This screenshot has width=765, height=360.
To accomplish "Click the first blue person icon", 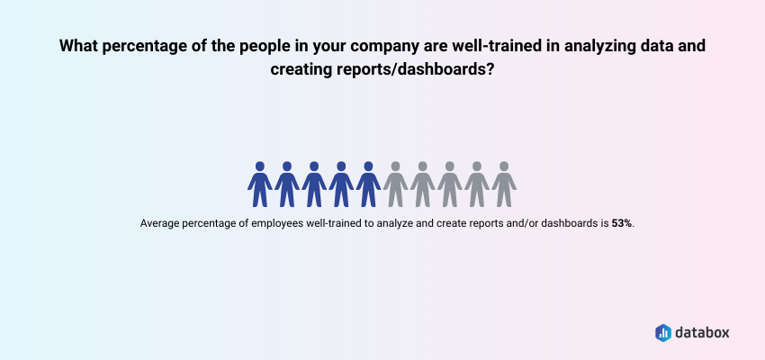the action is [260, 184].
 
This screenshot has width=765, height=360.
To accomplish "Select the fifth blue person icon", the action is [368, 184].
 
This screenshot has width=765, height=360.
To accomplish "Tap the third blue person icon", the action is [314, 184].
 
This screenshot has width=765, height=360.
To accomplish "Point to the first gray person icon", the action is [395, 184].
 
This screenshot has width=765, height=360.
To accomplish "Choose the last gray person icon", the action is [504, 184].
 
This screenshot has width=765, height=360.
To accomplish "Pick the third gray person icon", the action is [450, 184].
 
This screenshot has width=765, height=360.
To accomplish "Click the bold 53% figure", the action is [622, 223].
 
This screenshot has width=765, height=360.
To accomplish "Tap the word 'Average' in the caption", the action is [156, 223].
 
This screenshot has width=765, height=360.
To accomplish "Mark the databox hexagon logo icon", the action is [663, 333].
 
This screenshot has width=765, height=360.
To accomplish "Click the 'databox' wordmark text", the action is [703, 333].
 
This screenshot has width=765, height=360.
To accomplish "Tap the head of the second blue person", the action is [287, 166].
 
